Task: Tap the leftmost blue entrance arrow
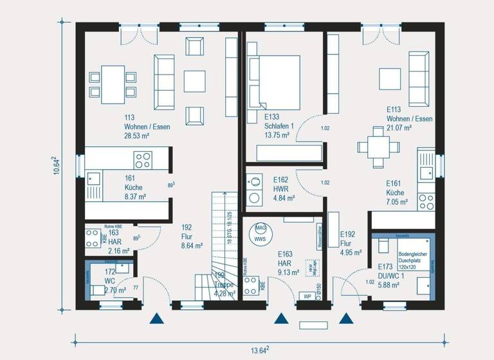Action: pos(156,318)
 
